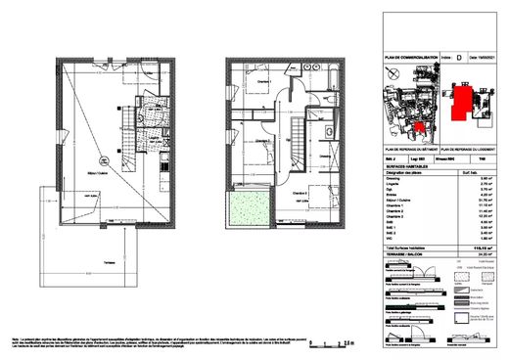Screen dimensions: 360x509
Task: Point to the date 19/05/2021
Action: coord(483,59)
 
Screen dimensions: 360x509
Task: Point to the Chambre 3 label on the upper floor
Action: coord(300,193)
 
